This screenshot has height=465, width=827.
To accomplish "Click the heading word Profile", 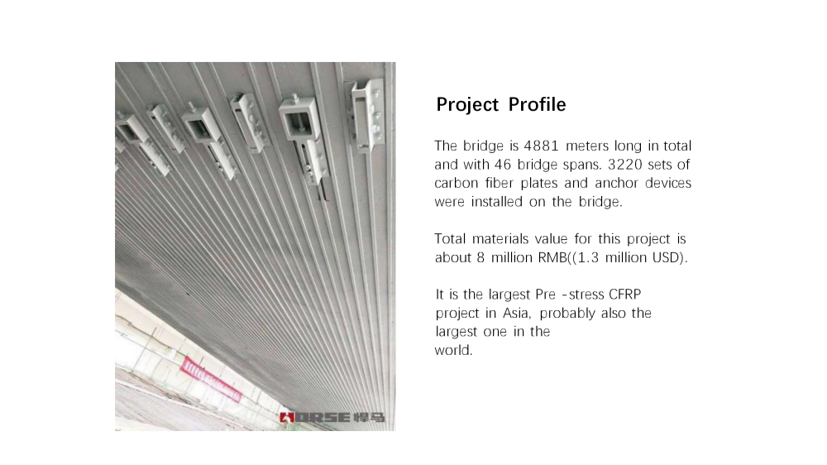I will pyautogui.click(x=537, y=105).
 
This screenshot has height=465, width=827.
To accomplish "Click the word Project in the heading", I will pyautogui.click(x=467, y=105).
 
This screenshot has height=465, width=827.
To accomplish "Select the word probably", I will pyautogui.click(x=567, y=314).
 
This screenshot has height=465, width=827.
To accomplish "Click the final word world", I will pyautogui.click(x=453, y=350).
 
